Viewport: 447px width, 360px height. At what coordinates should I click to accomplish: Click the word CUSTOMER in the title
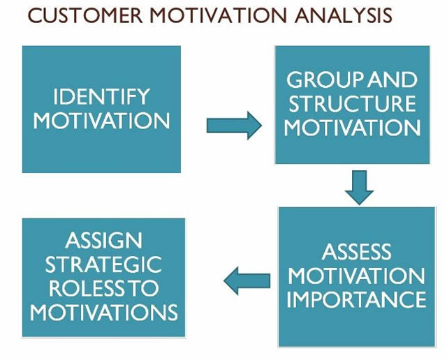coord(85,15)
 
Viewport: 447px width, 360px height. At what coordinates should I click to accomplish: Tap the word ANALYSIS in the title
coord(344,15)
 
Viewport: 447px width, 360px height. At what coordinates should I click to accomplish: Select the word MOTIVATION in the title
coord(219,15)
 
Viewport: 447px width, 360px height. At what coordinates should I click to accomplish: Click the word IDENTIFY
coord(101,96)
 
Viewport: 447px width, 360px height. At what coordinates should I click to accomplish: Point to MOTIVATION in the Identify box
coord(101,121)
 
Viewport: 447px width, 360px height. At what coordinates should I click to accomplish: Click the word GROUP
coord(325,80)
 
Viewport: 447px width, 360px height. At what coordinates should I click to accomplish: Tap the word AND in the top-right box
coord(393,80)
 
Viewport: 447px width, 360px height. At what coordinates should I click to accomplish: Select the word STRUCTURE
coord(352,103)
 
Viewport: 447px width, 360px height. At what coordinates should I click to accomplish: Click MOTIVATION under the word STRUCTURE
coord(352,127)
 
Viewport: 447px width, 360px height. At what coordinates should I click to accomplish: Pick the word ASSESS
coord(357,252)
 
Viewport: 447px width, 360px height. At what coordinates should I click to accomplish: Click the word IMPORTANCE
coord(357,299)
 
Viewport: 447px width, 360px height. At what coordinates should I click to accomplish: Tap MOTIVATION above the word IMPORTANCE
coord(357,276)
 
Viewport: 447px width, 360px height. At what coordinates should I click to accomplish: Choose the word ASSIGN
coord(104,240)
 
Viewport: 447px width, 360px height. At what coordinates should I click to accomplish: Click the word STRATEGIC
coord(104,264)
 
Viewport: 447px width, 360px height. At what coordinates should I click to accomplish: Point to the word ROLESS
coord(87,288)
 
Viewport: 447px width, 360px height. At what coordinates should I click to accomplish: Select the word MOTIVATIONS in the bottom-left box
coord(104,312)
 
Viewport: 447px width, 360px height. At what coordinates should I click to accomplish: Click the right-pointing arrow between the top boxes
coord(234,126)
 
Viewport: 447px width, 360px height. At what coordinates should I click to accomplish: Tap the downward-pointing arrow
coord(359,188)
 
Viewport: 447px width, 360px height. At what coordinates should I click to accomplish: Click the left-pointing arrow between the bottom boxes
coord(247,281)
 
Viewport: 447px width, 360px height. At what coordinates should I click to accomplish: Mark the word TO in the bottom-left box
coord(142,288)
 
